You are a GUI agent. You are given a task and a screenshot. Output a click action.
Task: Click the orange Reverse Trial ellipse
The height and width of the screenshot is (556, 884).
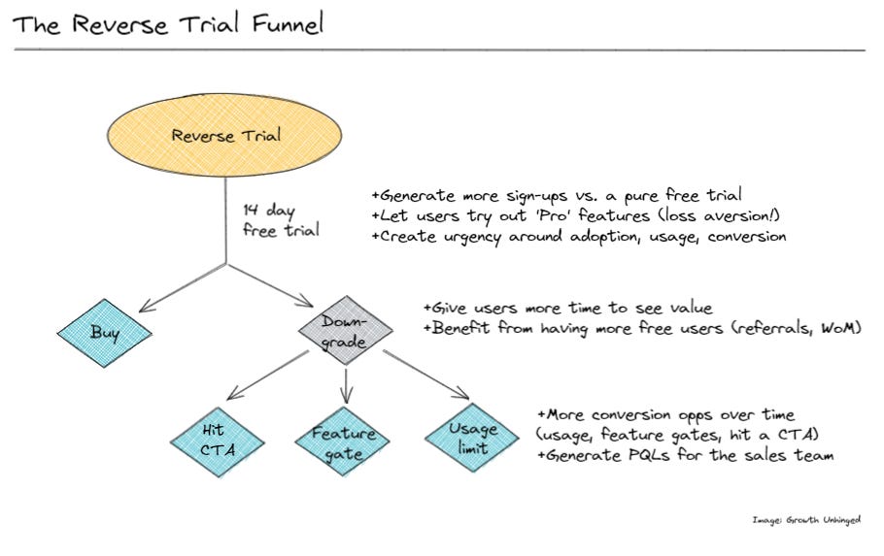(225, 135)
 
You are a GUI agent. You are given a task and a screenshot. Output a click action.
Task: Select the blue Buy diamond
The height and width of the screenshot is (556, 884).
(105, 333)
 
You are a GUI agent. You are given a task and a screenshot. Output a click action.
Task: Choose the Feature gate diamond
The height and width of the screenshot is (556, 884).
(343, 442)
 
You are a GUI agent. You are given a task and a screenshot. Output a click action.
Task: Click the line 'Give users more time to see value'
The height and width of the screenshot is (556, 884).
(567, 308)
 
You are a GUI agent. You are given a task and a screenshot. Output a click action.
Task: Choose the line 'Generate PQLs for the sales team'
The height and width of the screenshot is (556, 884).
(684, 455)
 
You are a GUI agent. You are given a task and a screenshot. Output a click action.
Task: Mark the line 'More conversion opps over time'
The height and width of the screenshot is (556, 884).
(665, 413)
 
